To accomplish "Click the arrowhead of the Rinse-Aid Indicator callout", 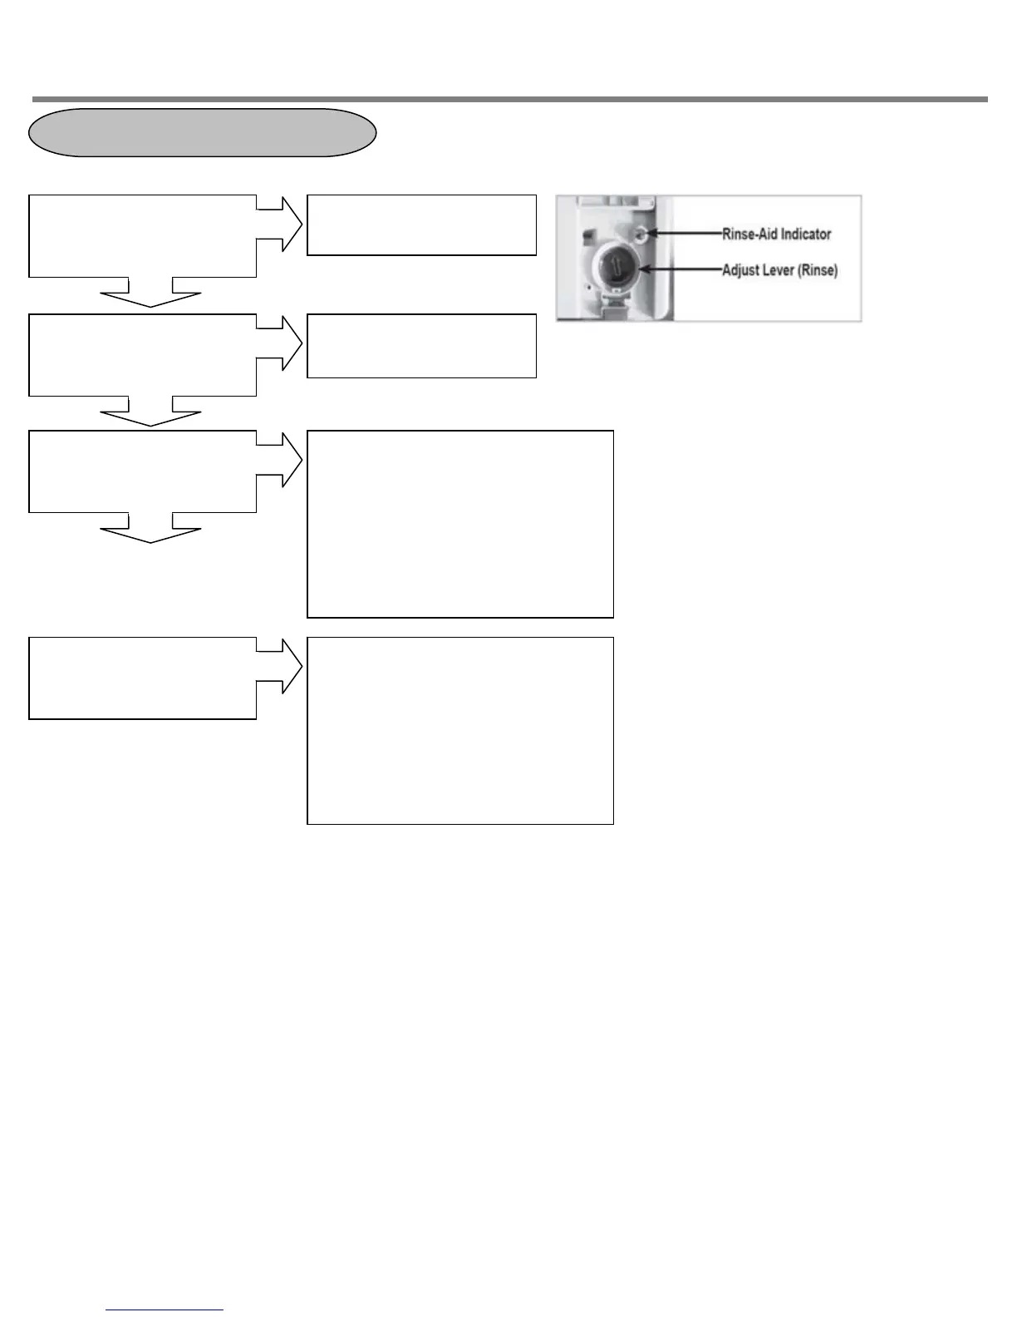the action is [651, 234].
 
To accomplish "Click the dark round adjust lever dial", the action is [614, 269].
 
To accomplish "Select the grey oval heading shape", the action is [203, 132].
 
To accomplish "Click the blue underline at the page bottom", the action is [165, 1310].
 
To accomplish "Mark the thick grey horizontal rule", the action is [509, 99].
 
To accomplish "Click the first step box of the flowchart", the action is [142, 236].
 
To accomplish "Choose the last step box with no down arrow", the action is [142, 678].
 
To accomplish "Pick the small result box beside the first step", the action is [421, 225].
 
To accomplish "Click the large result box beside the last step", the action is [460, 731].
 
